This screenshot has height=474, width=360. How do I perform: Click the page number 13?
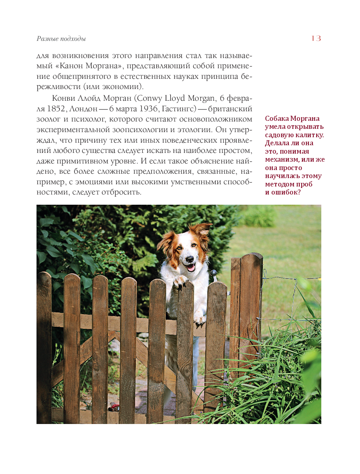pyautogui.click(x=316, y=38)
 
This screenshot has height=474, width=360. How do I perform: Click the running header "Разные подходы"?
pyautogui.click(x=61, y=39)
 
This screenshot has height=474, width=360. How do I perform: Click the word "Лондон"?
pyautogui.click(x=83, y=109)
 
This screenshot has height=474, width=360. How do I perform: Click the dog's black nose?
pyautogui.click(x=189, y=259)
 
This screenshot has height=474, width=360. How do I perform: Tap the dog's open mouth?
pyautogui.click(x=190, y=267)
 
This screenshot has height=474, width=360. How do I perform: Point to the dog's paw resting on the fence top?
pyautogui.click(x=180, y=281)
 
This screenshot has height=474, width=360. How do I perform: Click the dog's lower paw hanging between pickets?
pyautogui.click(x=199, y=320)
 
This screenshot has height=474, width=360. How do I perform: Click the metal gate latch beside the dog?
pyautogui.click(x=214, y=273)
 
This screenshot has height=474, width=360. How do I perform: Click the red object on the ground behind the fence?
pyautogui.click(x=115, y=406)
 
